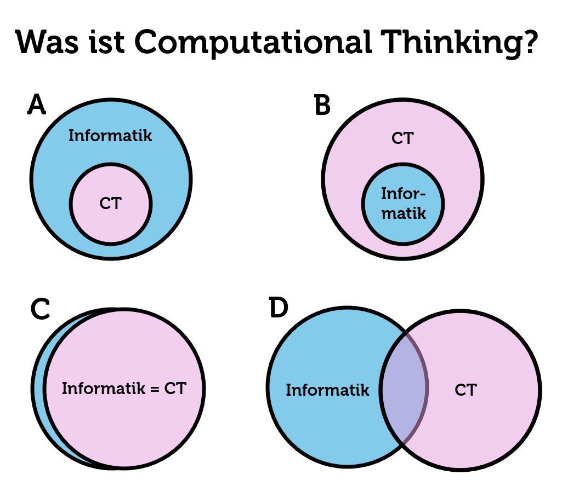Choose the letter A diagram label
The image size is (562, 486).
point(36,105)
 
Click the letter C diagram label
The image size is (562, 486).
point(40,310)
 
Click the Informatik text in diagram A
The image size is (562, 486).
point(110,136)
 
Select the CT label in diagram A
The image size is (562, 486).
point(110,204)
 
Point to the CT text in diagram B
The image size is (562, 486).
point(402,138)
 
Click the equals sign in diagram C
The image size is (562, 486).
point(154,389)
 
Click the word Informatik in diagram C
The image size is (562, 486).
point(103,389)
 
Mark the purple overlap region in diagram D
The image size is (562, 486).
point(404,389)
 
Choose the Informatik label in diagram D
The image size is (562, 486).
point(327,390)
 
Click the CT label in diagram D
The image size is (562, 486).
point(466,390)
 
